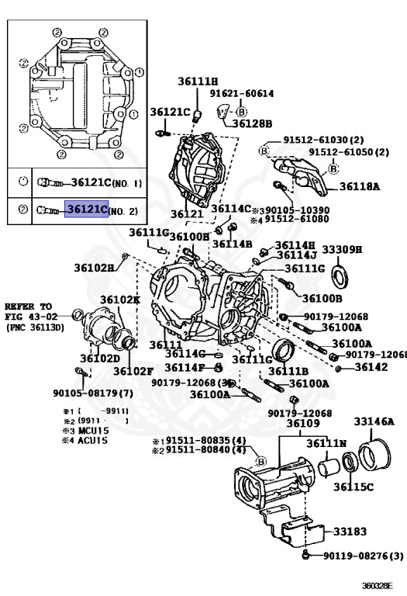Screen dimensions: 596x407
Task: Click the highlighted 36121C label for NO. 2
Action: pyautogui.click(x=86, y=210)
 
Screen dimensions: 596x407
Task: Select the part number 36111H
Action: pyautogui.click(x=198, y=81)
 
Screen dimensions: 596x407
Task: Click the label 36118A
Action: pyautogui.click(x=359, y=186)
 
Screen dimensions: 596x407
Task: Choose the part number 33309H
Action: pyautogui.click(x=342, y=249)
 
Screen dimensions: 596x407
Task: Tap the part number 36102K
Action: pyautogui.click(x=119, y=300)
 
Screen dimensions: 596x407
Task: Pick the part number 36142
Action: pyautogui.click(x=371, y=367)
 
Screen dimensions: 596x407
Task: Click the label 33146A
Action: pyautogui.click(x=374, y=421)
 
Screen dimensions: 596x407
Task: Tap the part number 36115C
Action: pyautogui.click(x=354, y=487)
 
